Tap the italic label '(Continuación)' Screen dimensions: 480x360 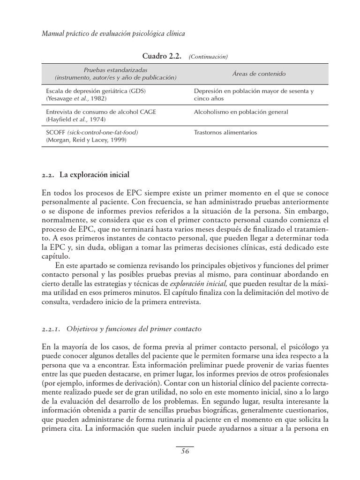[208, 57]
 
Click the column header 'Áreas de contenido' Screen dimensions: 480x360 [259, 74]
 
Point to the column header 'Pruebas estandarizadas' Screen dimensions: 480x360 [115, 70]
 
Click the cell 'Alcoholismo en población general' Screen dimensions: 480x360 [241, 112]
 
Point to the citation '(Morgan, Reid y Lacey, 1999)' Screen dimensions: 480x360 [86, 140]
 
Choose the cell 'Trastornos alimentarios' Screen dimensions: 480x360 [225, 133]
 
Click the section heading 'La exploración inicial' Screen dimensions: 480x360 [94, 175]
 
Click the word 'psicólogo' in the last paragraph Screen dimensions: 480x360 [298, 348]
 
